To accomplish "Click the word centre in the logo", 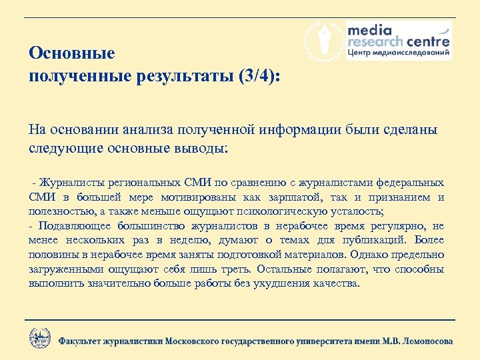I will (427, 42).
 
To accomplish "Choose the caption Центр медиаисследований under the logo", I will (399, 53).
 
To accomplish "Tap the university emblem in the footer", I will (39, 337).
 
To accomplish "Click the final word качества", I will (334, 283).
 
